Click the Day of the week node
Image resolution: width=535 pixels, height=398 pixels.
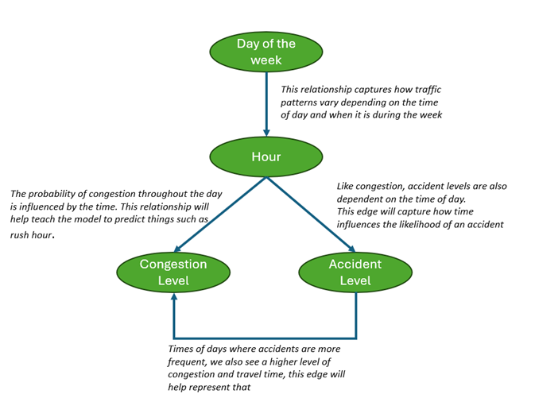[266, 51]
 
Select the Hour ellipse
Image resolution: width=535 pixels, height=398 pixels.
[266, 156]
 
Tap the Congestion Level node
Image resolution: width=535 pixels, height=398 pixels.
[173, 272]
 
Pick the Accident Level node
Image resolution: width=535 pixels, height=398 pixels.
[355, 272]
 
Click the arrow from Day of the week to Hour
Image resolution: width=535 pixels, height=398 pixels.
[266, 103]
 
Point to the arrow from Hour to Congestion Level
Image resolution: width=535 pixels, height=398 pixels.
[219, 214]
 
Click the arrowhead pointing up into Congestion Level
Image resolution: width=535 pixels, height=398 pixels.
[173, 299]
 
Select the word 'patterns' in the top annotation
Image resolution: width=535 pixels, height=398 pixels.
[302, 103]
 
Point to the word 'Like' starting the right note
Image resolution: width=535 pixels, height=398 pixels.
[347, 186]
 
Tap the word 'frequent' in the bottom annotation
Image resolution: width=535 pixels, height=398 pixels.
[188, 361]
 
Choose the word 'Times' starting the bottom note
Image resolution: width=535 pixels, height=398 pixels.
[182, 348]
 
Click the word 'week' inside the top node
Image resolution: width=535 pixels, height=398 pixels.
[266, 59]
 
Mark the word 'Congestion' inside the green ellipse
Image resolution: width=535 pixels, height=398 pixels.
[173, 264]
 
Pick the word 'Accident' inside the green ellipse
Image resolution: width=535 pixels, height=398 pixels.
[355, 264]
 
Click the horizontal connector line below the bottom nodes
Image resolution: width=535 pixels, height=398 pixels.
[264, 336]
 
